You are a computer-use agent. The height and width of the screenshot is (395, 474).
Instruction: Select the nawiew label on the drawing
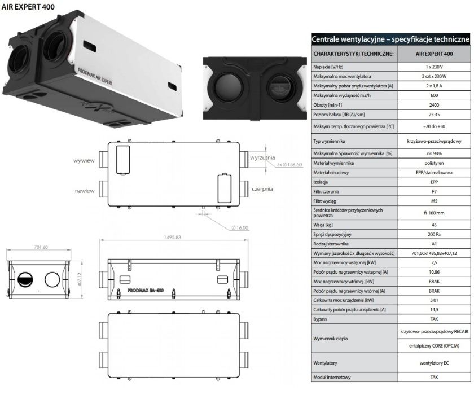[x=85, y=191]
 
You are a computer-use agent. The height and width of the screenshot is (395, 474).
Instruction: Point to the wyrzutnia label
[x=263, y=158]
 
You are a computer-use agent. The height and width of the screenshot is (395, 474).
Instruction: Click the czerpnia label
[x=262, y=188]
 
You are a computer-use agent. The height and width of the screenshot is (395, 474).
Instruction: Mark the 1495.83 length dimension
[x=170, y=238]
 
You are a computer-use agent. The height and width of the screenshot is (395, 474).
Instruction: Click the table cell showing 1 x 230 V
[x=434, y=67]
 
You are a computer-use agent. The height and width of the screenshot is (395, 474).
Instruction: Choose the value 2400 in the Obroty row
[x=434, y=106]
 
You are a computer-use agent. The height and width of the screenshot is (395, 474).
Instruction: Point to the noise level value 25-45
[x=434, y=115]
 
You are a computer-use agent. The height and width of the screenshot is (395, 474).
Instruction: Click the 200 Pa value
[x=434, y=234]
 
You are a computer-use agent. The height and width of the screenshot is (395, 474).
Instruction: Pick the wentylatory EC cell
[x=434, y=362]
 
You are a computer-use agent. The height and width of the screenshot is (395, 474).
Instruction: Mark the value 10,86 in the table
[x=434, y=271]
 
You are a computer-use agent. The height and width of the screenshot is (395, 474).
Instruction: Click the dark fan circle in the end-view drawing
[x=26, y=278]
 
